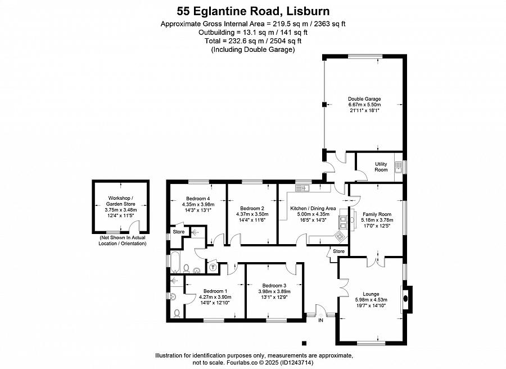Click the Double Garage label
click(x=364, y=99)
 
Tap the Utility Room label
click(x=381, y=166)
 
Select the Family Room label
click(x=377, y=214)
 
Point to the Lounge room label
click(x=371, y=294)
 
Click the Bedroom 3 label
click(x=274, y=285)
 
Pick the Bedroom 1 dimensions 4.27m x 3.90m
click(x=215, y=297)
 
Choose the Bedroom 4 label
click(x=198, y=198)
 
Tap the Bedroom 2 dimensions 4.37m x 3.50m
click(x=252, y=214)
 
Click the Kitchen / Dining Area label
click(x=313, y=208)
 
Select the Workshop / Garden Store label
click(x=121, y=201)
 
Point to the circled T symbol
click(x=213, y=267)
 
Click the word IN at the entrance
click(x=321, y=320)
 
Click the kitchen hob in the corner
click(x=340, y=236)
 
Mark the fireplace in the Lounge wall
click(x=406, y=299)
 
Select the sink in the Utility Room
click(x=399, y=167)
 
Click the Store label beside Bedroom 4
click(x=178, y=232)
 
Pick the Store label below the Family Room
click(x=338, y=251)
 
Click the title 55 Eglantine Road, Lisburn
click(x=253, y=11)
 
